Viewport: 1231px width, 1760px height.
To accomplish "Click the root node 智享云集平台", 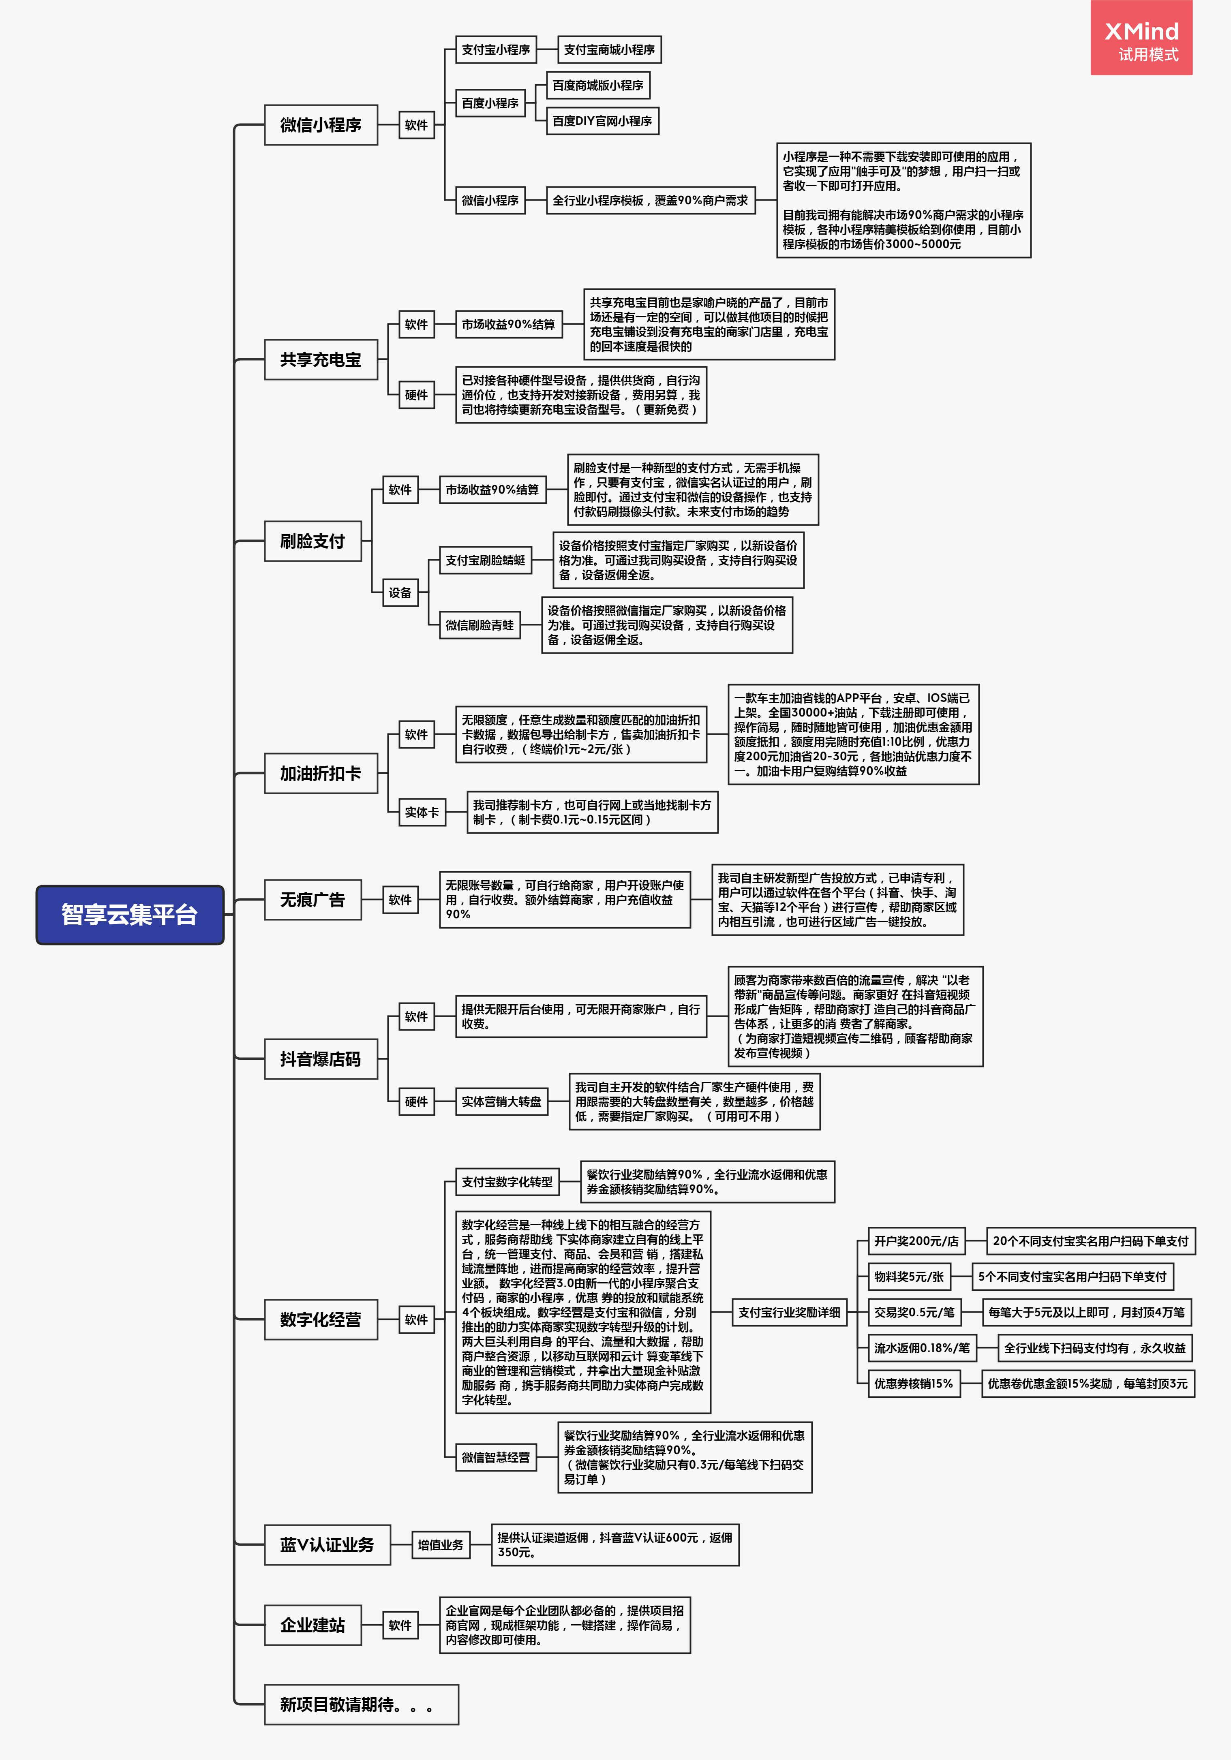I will [130, 915].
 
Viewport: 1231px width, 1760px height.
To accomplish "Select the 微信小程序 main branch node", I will [320, 125].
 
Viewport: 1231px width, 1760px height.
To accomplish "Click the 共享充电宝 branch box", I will [320, 359].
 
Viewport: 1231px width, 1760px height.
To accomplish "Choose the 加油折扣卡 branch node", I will [320, 774].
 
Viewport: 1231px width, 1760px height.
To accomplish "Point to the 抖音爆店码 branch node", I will [320, 1059].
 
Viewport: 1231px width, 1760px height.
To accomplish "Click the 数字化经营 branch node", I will [320, 1319].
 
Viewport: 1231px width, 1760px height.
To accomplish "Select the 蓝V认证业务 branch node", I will [327, 1544].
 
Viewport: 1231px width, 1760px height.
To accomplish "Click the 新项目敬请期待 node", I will [361, 1705].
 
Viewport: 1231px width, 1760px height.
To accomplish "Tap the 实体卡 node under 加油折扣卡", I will [422, 813].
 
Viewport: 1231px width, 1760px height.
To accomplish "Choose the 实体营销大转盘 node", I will [501, 1101].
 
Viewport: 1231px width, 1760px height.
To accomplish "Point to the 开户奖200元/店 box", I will [916, 1241].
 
